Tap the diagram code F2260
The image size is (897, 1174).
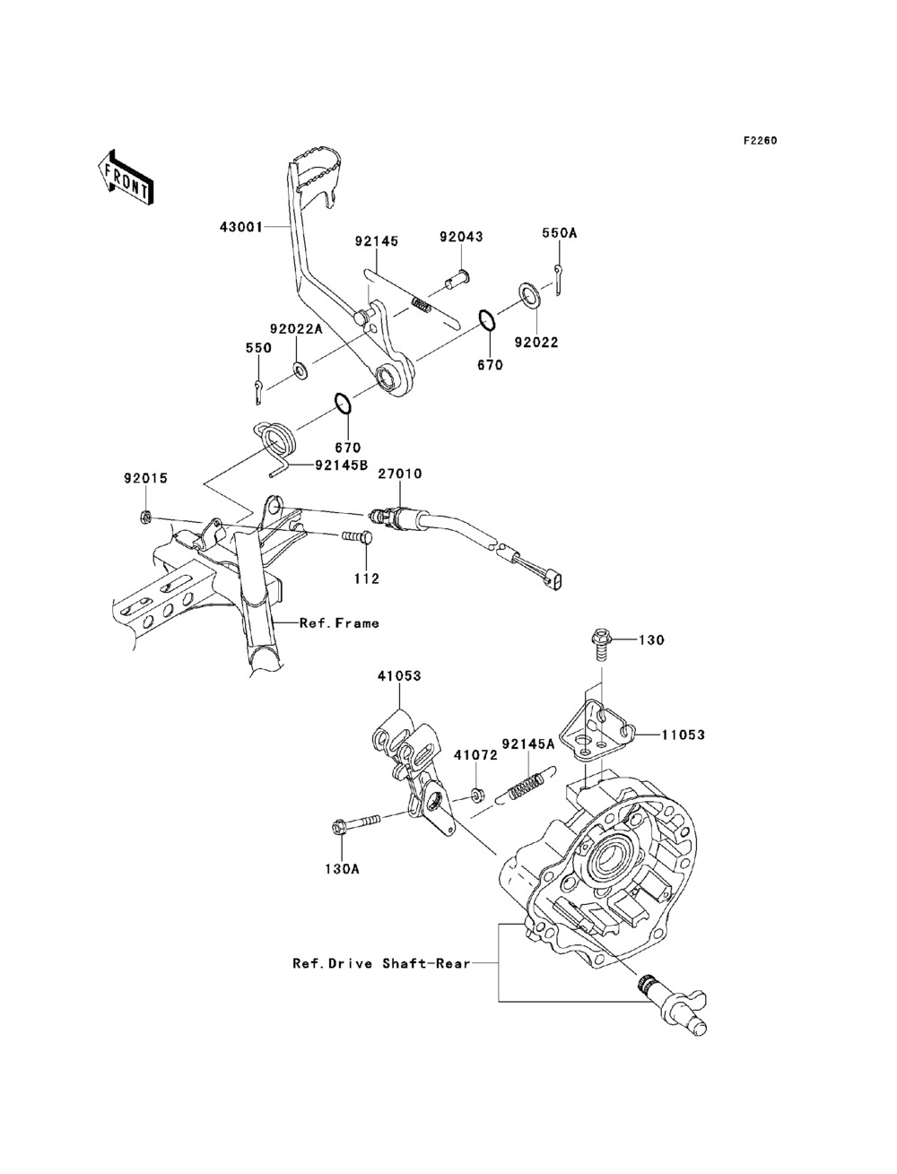760,141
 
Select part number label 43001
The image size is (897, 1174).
241,227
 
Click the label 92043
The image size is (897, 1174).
461,237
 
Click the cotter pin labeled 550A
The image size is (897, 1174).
559,280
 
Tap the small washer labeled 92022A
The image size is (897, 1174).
299,370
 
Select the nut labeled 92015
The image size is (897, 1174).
144,517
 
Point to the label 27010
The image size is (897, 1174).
401,474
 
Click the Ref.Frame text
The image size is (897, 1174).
339,623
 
